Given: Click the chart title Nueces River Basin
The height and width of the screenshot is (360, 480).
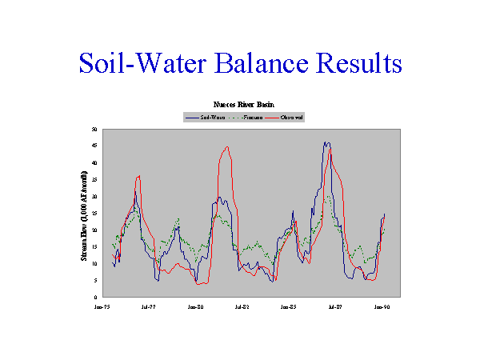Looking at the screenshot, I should point(243,105).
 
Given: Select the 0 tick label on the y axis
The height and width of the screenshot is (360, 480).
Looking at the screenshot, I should point(96,298).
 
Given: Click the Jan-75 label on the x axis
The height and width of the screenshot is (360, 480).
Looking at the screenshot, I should point(102,306).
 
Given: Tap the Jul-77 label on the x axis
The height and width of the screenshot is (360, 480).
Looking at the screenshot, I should point(149,306).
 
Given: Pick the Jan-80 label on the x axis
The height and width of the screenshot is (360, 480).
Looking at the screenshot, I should point(195,306).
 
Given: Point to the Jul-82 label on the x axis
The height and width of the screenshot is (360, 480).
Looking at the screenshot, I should point(242,306).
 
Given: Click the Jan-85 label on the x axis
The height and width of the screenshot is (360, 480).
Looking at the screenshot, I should point(288,306).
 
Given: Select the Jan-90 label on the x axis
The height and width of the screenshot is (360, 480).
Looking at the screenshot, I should point(381,306).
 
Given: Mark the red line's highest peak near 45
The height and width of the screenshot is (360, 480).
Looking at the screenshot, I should point(227,147).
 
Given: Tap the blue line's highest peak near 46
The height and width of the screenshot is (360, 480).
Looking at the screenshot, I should point(326,142).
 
